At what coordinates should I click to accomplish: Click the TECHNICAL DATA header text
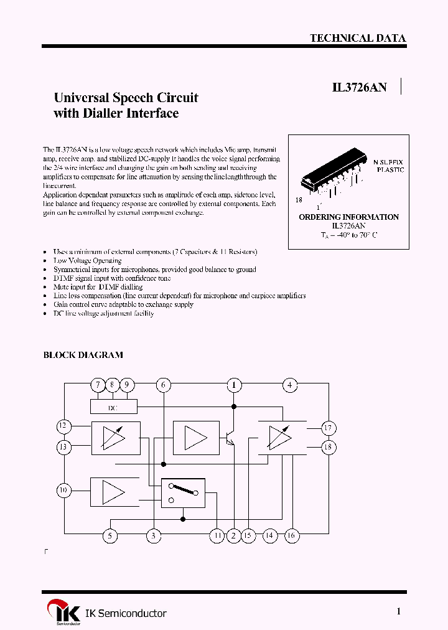[358, 38]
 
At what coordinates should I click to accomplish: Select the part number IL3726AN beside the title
[359, 88]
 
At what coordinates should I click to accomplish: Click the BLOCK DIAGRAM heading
[83, 355]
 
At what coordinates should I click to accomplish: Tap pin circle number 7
[98, 385]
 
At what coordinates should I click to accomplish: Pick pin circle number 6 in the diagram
[163, 385]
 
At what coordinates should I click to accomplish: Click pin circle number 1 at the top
[234, 385]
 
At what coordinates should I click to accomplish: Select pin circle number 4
[289, 385]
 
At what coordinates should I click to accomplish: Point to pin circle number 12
[63, 426]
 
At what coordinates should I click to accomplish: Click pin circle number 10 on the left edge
[63, 491]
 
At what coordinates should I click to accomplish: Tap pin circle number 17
[329, 428]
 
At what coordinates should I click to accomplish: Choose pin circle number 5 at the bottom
[110, 535]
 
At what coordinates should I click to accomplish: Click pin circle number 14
[269, 535]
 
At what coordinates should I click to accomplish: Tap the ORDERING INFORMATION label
[348, 217]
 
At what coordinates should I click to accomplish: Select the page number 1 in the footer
[399, 611]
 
